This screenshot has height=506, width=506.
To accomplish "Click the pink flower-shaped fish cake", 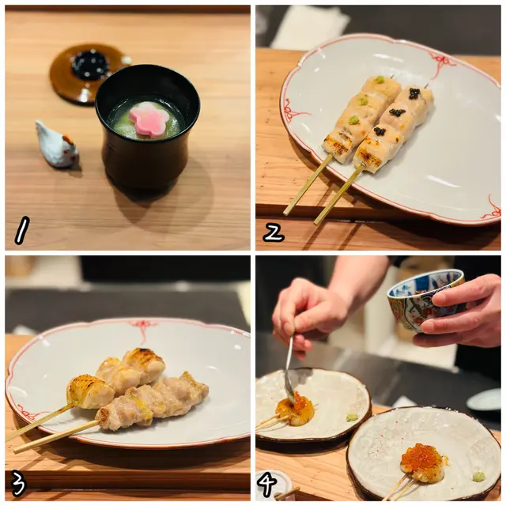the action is pos(149,118).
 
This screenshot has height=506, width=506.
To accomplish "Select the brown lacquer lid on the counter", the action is pos(86,72).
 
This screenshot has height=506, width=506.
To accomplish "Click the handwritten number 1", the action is pos(22,230).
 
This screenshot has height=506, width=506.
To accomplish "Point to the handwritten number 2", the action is pos(274,233).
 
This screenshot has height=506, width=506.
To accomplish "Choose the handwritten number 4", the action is pos(267,483).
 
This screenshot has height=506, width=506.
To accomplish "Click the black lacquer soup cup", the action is pos(148,126).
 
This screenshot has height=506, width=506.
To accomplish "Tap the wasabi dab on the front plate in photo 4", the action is pos(479,476).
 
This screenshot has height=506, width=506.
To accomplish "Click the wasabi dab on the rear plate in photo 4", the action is pos(352,417).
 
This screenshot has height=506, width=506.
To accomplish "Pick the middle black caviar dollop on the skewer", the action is pos(397,112).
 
